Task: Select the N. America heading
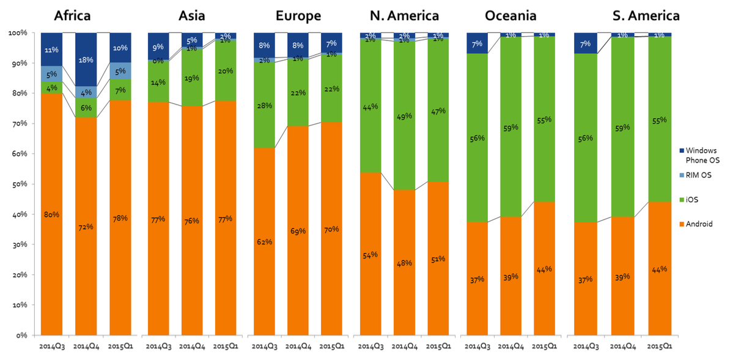(404, 15)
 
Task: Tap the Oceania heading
(511, 15)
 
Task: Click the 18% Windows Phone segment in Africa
(86, 60)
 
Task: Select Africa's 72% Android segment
(86, 226)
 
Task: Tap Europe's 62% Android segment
(265, 241)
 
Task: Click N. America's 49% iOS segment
(404, 115)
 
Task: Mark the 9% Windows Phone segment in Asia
(158, 46)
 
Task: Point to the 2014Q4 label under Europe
(298, 346)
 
